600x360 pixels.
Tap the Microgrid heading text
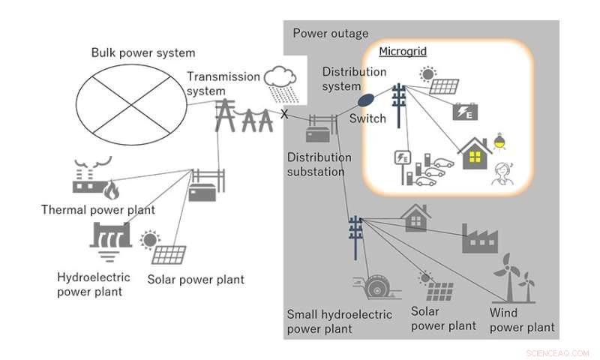(x=397, y=52)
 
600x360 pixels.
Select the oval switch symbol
(x=366, y=99)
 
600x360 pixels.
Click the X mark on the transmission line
(x=284, y=115)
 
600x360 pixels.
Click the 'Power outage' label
(x=331, y=33)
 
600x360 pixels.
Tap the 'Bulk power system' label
(x=143, y=52)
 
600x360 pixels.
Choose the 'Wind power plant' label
(x=521, y=319)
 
